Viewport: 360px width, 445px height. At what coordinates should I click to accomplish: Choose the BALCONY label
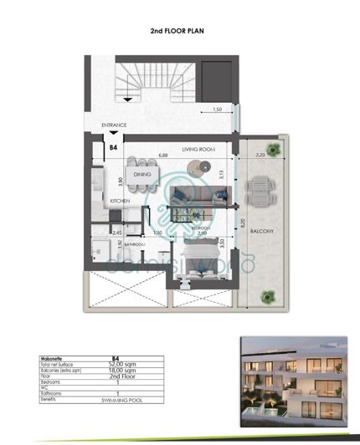[x=267, y=232]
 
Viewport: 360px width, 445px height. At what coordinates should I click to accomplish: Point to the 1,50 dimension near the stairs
[x=217, y=110]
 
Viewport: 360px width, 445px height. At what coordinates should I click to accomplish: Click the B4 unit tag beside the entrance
[x=113, y=147]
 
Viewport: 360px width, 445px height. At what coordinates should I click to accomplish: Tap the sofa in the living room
[x=198, y=197]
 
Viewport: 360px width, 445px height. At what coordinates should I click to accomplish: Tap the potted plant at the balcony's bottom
[x=269, y=294]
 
